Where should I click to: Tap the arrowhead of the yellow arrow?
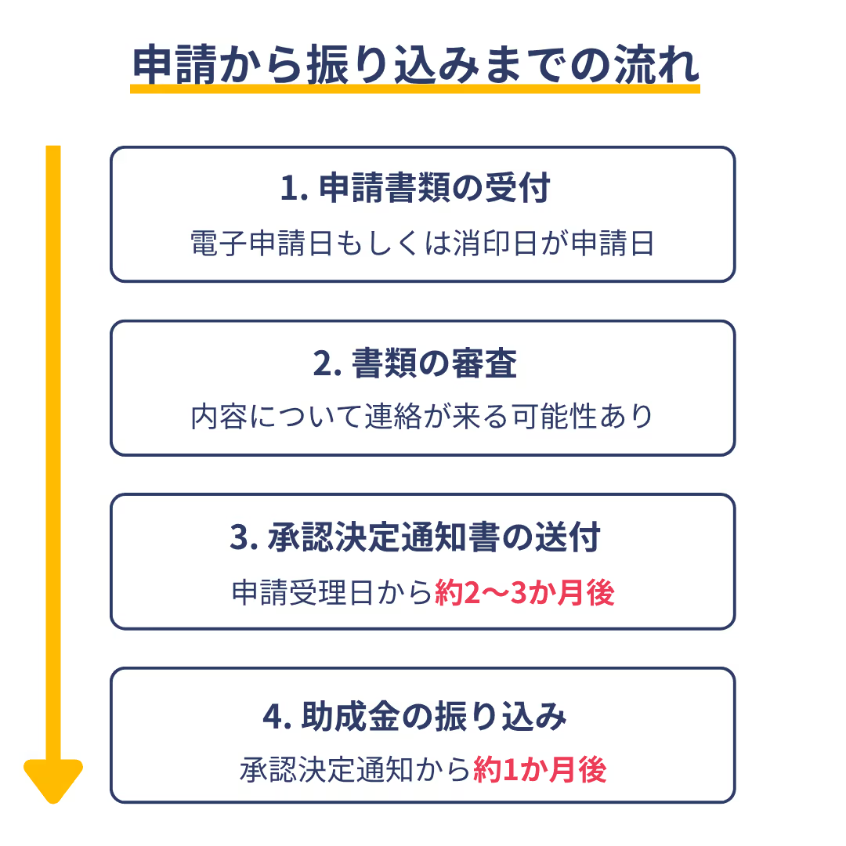coord(53,779)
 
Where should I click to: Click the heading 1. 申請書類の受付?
coord(415,190)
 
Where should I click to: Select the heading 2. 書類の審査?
coord(415,364)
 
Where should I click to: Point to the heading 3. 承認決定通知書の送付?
coord(415,538)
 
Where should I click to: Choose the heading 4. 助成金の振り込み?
coord(415,717)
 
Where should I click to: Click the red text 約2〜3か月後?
coord(524,593)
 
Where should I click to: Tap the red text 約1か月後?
coord(540,770)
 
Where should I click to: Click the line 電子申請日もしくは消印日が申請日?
coord(422,244)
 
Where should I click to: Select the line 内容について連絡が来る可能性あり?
coord(422,417)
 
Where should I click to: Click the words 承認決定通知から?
coord(356,770)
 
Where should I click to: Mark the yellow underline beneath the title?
coord(415,89)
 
